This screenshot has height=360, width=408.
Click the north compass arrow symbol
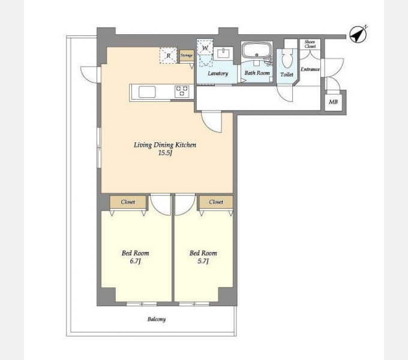(x=358, y=34)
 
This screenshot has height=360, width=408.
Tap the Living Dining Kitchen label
(x=165, y=145)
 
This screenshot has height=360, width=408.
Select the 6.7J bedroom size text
(x=136, y=261)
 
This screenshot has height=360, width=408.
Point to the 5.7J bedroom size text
(x=203, y=261)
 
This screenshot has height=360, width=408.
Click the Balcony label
(x=157, y=319)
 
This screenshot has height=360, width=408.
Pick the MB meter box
(x=334, y=102)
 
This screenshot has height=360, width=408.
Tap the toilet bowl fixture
(x=287, y=59)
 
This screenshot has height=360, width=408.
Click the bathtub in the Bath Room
(x=257, y=50)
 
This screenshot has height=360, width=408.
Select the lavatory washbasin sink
(x=223, y=53)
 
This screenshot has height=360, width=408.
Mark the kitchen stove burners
(x=182, y=91)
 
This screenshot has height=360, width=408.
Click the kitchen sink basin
(x=147, y=92)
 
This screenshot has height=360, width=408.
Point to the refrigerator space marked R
(x=169, y=55)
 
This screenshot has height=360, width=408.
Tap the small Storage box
(x=187, y=55)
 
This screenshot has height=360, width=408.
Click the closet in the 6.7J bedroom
(x=128, y=202)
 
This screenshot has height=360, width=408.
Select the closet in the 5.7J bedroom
(x=216, y=202)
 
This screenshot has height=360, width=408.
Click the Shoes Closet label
(x=310, y=44)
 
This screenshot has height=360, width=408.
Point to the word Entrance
(x=310, y=69)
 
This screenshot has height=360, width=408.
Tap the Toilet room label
(x=287, y=74)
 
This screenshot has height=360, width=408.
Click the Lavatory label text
(x=218, y=74)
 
